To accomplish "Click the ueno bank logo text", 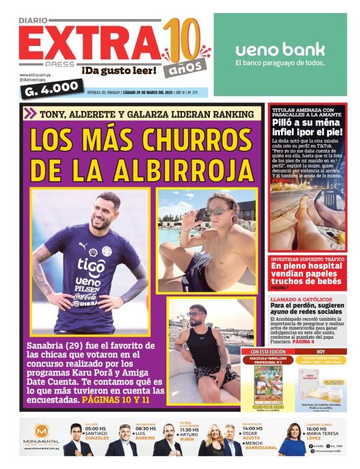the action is [x=280, y=50].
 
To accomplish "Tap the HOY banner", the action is [x=321, y=352].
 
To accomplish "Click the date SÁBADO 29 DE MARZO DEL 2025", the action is [x=146, y=92].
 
